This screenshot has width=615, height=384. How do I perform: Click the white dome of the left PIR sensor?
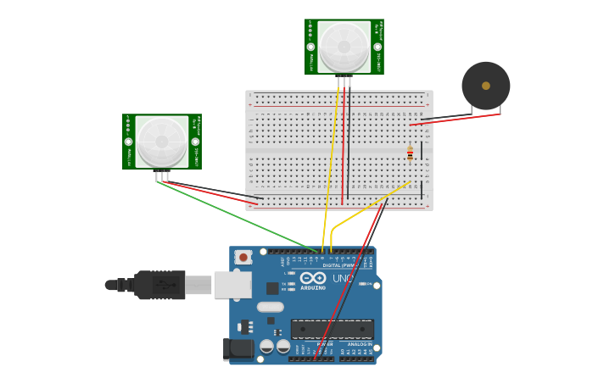(x=161, y=141)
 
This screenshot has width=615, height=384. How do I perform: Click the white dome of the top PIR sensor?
(x=344, y=46)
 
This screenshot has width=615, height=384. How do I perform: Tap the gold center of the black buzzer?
(x=485, y=86)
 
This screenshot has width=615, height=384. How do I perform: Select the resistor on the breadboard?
(x=410, y=153)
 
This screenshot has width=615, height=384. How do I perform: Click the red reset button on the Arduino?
(x=243, y=257)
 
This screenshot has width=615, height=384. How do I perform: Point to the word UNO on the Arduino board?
(x=343, y=278)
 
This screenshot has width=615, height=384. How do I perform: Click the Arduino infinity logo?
(x=312, y=278)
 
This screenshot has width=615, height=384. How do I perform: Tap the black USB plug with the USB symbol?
(x=159, y=285)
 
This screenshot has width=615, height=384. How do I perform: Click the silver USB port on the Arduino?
(x=232, y=285)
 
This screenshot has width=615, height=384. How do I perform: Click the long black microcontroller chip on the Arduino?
(x=333, y=329)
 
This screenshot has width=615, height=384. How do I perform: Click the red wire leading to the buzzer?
(x=458, y=119)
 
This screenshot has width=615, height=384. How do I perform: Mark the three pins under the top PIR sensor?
(x=344, y=81)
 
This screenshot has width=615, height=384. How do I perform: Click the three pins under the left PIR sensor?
(x=162, y=176)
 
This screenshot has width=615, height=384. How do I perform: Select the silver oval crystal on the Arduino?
(x=270, y=307)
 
